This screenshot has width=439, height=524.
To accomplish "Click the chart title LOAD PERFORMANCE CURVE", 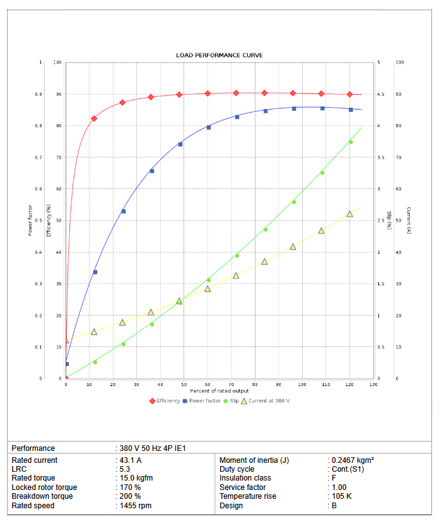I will (x=219, y=55).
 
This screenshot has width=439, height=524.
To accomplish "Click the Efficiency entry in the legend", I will (x=168, y=401).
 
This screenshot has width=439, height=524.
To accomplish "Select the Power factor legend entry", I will (x=204, y=401).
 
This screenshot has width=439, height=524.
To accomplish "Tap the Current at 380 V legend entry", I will (x=269, y=401).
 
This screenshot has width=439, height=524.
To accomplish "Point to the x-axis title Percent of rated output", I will (x=220, y=392).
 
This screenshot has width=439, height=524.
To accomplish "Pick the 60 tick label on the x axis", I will (x=208, y=384).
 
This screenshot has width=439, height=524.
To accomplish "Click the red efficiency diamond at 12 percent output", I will (x=94, y=118).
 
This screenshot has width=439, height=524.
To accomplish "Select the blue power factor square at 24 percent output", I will (x=123, y=211).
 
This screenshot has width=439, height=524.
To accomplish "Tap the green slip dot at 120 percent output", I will (x=351, y=142).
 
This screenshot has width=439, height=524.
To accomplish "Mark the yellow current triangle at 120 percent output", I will (x=349, y=214).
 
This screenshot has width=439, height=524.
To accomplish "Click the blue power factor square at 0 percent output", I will (x=66, y=364).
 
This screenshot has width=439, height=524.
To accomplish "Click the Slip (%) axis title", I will (x=389, y=220).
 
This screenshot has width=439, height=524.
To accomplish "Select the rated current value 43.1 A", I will (x=132, y=460).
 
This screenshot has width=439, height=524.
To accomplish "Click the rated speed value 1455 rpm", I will (x=135, y=505).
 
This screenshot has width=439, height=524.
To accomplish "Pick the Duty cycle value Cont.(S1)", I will (x=348, y=469).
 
